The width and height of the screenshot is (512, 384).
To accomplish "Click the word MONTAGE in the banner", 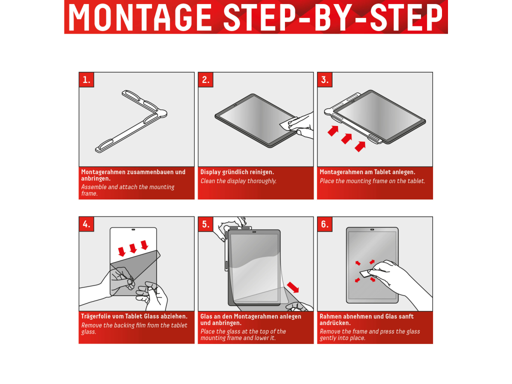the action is point(140,17).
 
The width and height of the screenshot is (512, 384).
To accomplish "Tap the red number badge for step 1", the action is point(86,79).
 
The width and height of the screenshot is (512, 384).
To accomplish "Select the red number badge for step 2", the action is point(205,79).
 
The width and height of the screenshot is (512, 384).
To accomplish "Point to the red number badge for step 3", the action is point(325,79).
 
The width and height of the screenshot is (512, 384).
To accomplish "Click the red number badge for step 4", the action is point(86,224).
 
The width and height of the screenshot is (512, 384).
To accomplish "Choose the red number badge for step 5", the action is point(205,224).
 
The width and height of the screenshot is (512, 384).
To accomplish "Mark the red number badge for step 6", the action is point(325,224).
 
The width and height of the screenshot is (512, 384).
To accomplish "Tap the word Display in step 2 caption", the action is point(210,172).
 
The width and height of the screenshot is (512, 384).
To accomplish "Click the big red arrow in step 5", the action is point(293,287).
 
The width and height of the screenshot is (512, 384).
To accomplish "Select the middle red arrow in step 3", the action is point(346,139).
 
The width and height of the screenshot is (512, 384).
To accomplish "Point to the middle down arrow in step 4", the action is point(133,248).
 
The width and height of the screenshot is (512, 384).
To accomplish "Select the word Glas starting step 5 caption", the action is point(206,316).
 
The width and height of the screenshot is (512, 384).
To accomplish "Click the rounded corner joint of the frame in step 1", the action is point(162,113).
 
